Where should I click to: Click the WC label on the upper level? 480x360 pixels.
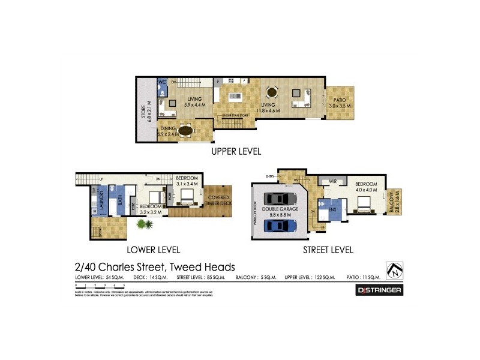coord(162,82)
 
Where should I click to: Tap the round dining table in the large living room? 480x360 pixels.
coord(272,93)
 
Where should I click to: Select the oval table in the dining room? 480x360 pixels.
coord(186,129)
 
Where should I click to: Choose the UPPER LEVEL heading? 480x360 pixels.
coord(236,152)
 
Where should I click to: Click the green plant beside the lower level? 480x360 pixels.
coord(144,225)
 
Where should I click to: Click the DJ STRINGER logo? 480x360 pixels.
coord(379,290)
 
